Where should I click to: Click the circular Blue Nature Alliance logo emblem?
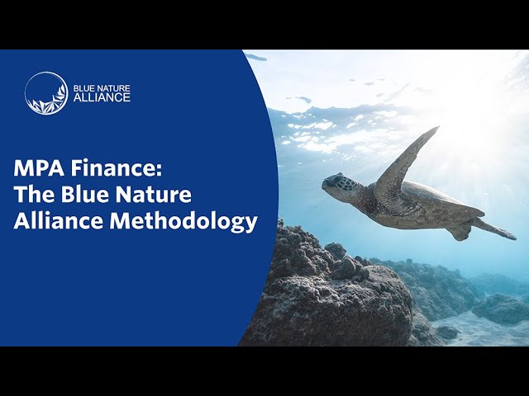click(x=46, y=93)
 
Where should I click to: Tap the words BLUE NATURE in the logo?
click(x=103, y=87)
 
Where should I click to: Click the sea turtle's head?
click(x=340, y=186)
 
